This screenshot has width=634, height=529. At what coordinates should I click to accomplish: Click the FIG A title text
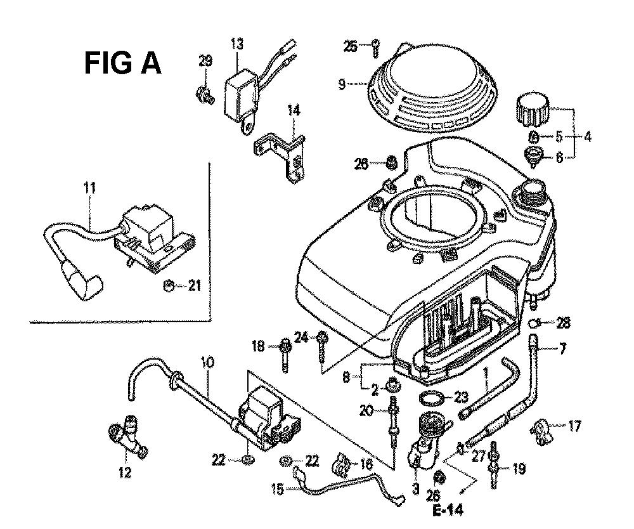(x=123, y=64)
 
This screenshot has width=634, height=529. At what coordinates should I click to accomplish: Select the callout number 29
(x=205, y=61)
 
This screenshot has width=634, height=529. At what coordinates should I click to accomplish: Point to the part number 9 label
(x=342, y=83)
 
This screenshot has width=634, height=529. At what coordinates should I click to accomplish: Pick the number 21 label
(x=195, y=287)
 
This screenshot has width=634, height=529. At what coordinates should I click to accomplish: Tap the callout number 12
(x=124, y=472)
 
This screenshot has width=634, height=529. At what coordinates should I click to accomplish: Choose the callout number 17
(x=574, y=426)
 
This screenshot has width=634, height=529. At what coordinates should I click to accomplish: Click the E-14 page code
(x=449, y=509)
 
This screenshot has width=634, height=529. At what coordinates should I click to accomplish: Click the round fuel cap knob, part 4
(x=532, y=112)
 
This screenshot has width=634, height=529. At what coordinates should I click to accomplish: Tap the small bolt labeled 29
(x=205, y=97)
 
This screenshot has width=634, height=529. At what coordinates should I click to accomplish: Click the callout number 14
(x=294, y=111)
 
